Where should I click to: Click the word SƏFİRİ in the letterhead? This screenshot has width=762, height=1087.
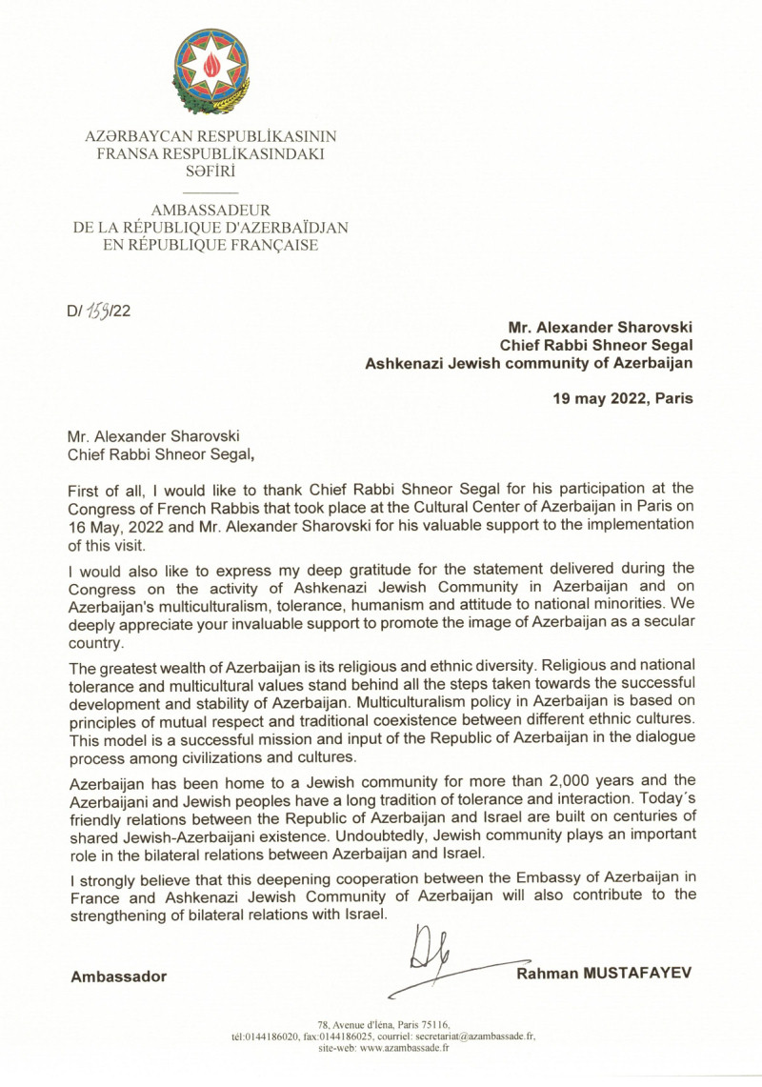[x=211, y=171]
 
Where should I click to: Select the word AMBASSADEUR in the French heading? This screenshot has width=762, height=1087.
[x=211, y=209]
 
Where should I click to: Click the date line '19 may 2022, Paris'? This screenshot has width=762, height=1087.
[x=623, y=400]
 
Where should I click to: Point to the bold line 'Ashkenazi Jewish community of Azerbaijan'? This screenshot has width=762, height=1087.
[x=530, y=362]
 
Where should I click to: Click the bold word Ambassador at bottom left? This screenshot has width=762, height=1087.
[x=118, y=976]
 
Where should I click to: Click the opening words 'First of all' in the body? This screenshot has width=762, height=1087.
[x=102, y=489]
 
